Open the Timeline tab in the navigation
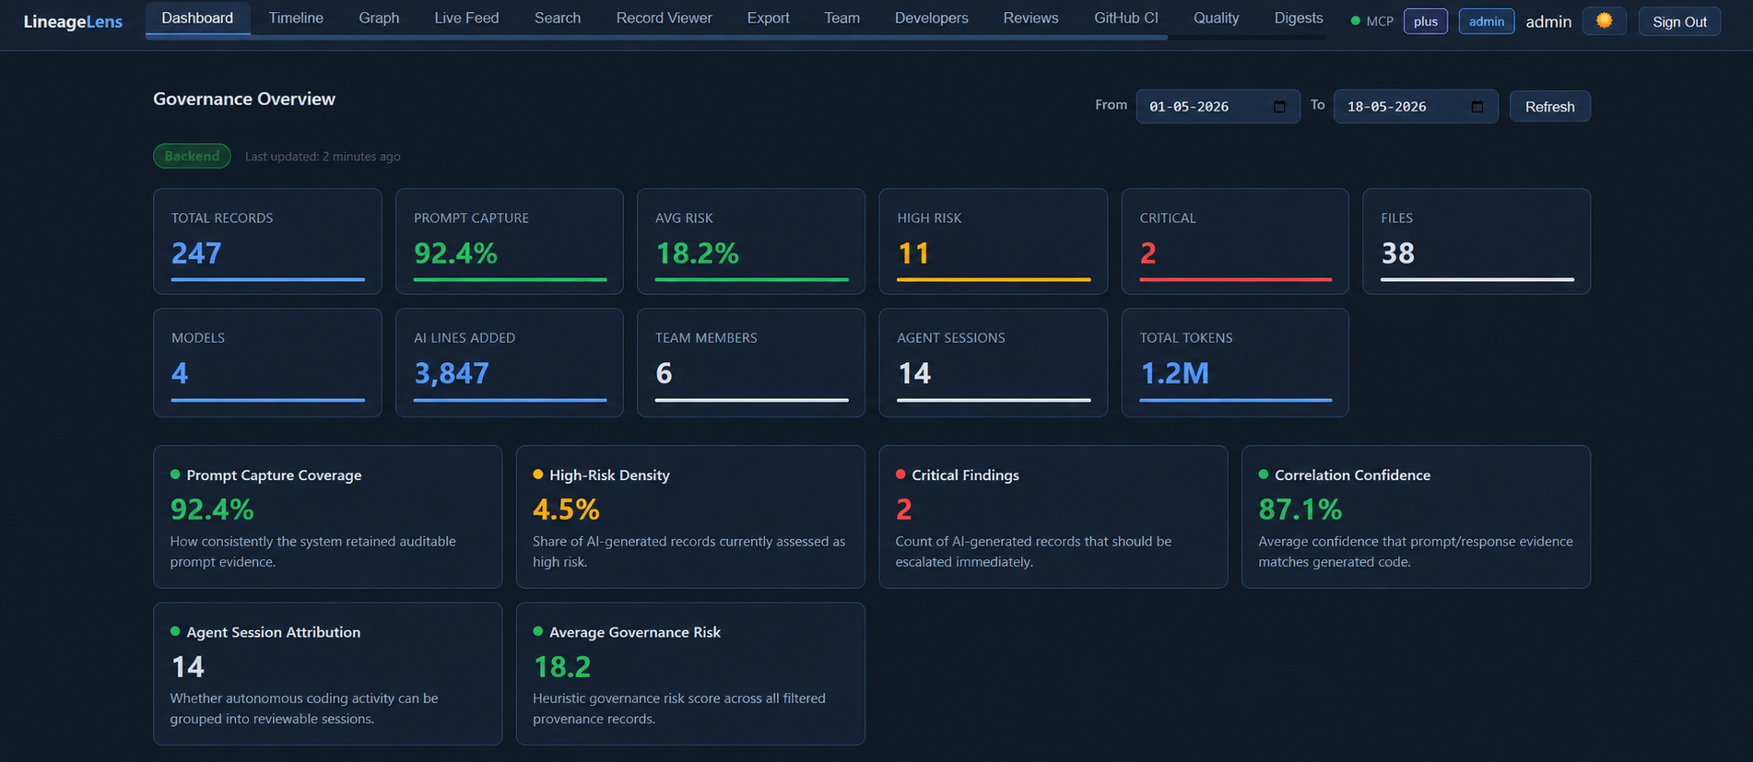[x=296, y=18]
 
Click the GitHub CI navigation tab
[x=1125, y=18]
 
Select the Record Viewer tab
[x=664, y=18]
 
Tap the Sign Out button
[x=1679, y=21]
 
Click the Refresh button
[x=1549, y=107]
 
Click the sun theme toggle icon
[x=1604, y=21]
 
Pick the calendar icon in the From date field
[x=1279, y=107]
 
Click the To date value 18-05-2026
[x=1386, y=107]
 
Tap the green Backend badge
[x=192, y=156]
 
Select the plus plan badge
[x=1425, y=21]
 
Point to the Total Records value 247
[x=196, y=253]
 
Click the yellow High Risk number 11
[x=912, y=253]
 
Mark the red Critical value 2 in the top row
[x=1147, y=253]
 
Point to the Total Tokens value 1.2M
[x=1174, y=373]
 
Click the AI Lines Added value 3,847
[x=451, y=373]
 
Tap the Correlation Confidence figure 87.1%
[x=1300, y=509]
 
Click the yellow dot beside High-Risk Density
[x=537, y=475]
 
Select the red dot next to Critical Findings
[x=900, y=475]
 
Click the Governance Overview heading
[x=244, y=99]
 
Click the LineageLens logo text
[x=73, y=22]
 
